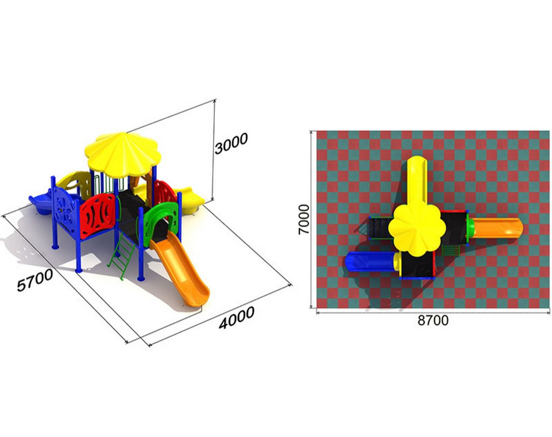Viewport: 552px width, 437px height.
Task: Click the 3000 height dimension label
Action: tap(231, 143)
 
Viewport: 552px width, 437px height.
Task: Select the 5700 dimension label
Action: tap(35, 280)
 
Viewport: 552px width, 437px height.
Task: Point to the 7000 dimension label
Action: tap(303, 219)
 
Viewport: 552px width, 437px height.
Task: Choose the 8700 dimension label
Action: tap(433, 321)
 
